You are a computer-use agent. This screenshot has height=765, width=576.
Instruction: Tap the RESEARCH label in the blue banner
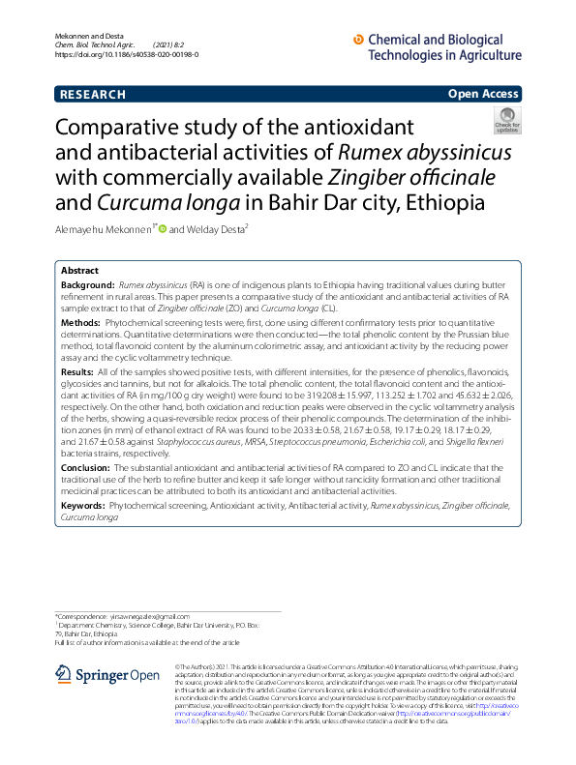92,95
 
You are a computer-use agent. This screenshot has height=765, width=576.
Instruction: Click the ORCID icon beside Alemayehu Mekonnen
163,229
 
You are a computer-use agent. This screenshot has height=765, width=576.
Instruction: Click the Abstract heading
79,271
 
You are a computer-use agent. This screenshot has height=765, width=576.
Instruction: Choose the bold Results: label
78,372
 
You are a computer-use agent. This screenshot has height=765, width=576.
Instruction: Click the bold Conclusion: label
86,467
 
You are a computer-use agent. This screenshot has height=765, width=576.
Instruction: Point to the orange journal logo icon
360,40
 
